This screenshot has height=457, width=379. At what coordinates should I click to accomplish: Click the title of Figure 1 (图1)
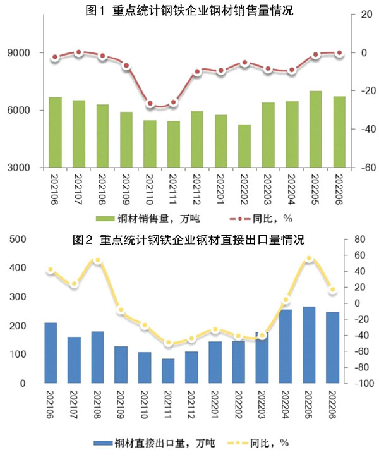coord(189,10)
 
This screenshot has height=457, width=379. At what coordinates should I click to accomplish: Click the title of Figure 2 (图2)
coord(189,240)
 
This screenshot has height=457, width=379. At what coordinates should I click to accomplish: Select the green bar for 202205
coord(315,129)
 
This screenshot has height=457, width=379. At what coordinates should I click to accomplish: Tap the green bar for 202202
coord(244,146)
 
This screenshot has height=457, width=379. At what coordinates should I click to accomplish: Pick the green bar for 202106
coord(56,132)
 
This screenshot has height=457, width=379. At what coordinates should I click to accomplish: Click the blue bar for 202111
coord(169,371)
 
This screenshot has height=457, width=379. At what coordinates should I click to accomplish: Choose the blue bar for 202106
coord(51,353)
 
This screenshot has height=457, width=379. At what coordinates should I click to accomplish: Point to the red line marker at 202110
coord(150,104)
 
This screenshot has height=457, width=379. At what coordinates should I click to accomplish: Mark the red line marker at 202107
coord(79,52)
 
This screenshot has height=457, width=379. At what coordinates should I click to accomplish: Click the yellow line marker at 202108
coord(97,260)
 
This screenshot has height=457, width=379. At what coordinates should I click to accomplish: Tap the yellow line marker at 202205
coord(310,259)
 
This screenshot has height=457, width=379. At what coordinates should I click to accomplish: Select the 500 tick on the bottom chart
coord(17,239)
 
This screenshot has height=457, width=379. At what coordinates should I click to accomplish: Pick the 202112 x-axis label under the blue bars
coord(192,405)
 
